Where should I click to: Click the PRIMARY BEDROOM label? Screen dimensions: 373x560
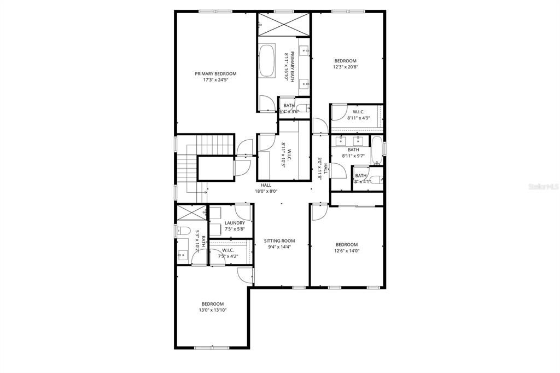click(215, 74)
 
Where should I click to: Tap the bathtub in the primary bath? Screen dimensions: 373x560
click(267, 61)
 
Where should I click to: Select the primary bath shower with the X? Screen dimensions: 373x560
click(284, 25)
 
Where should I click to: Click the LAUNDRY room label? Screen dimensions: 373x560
click(235, 223)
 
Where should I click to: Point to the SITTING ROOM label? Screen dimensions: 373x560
click(279, 240)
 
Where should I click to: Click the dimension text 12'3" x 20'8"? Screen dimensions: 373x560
click(346, 67)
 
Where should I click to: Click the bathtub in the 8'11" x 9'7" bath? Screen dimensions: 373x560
click(377, 151)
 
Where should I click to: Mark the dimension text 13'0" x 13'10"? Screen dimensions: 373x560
click(212, 311)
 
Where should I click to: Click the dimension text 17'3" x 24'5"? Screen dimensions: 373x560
click(215, 80)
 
